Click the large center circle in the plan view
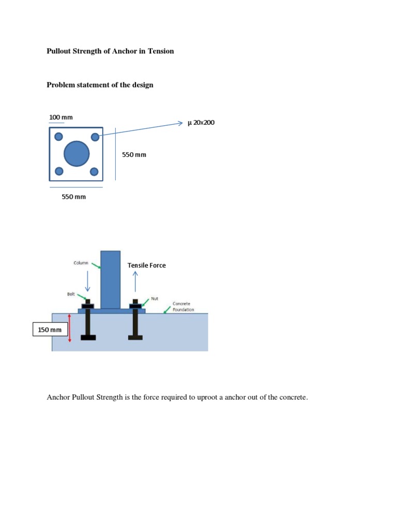coord(77,153)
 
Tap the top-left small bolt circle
coord(58,137)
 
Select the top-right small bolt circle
coord(95,137)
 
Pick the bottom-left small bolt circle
coord(58,171)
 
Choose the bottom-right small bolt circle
coord(94,171)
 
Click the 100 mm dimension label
coord(61,117)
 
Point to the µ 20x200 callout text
coord(201,123)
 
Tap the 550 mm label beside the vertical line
coord(134,154)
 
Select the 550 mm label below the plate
coord(74,197)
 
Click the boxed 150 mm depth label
coord(50,330)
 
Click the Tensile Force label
coord(147,266)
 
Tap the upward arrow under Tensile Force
coord(135,282)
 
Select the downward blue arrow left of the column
coord(87,282)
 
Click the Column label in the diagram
coord(80,262)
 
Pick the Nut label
coord(154,299)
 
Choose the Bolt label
coord(71,294)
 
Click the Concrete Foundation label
coord(184,306)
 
